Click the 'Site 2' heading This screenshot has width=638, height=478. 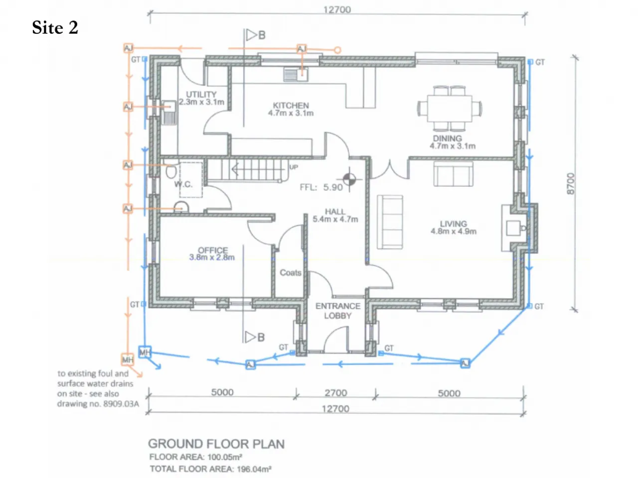[55, 27]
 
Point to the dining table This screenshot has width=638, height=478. [450, 109]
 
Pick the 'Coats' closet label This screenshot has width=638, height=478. [291, 272]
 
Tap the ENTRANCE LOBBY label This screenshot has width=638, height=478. [338, 311]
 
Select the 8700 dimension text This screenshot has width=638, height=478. [571, 184]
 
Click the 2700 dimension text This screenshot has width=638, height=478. [336, 393]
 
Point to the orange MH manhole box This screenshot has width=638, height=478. [127, 359]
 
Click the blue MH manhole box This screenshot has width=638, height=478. [145, 352]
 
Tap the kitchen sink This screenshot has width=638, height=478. [296, 75]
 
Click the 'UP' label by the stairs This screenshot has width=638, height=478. [294, 167]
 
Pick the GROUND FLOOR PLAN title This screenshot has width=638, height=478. [216, 444]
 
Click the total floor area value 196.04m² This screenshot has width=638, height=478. [254, 469]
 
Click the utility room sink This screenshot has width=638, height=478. [169, 113]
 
